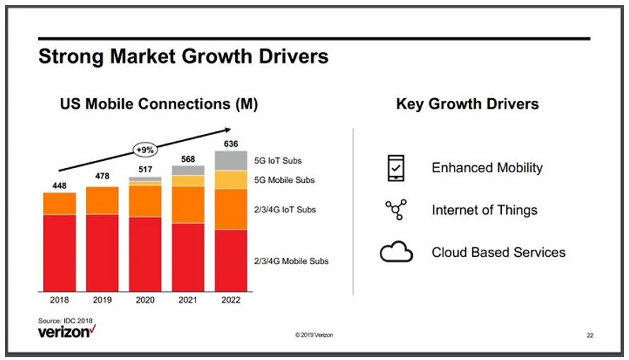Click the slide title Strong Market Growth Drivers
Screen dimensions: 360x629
coord(184,56)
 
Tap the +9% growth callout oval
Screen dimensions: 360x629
coord(145,150)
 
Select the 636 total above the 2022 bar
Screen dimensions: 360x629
coord(231,144)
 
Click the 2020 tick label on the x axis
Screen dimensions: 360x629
coord(145,299)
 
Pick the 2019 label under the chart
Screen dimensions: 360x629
coord(102,299)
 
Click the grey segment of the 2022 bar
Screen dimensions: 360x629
coord(231,160)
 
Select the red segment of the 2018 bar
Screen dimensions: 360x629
coord(59,253)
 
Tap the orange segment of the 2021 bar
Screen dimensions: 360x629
coord(188,205)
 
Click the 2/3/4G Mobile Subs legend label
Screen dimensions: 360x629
coord(291,261)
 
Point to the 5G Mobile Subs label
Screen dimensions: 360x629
coord(284,180)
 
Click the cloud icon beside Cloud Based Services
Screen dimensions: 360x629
coord(396,252)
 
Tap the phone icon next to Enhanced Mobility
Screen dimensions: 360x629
coord(394,168)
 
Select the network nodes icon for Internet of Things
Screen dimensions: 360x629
coord(395,210)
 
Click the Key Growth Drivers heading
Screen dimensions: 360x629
coord(467,104)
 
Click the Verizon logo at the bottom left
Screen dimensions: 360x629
coord(66,331)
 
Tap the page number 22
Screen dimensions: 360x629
coord(589,335)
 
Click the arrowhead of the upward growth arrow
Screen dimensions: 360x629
coord(227,129)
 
